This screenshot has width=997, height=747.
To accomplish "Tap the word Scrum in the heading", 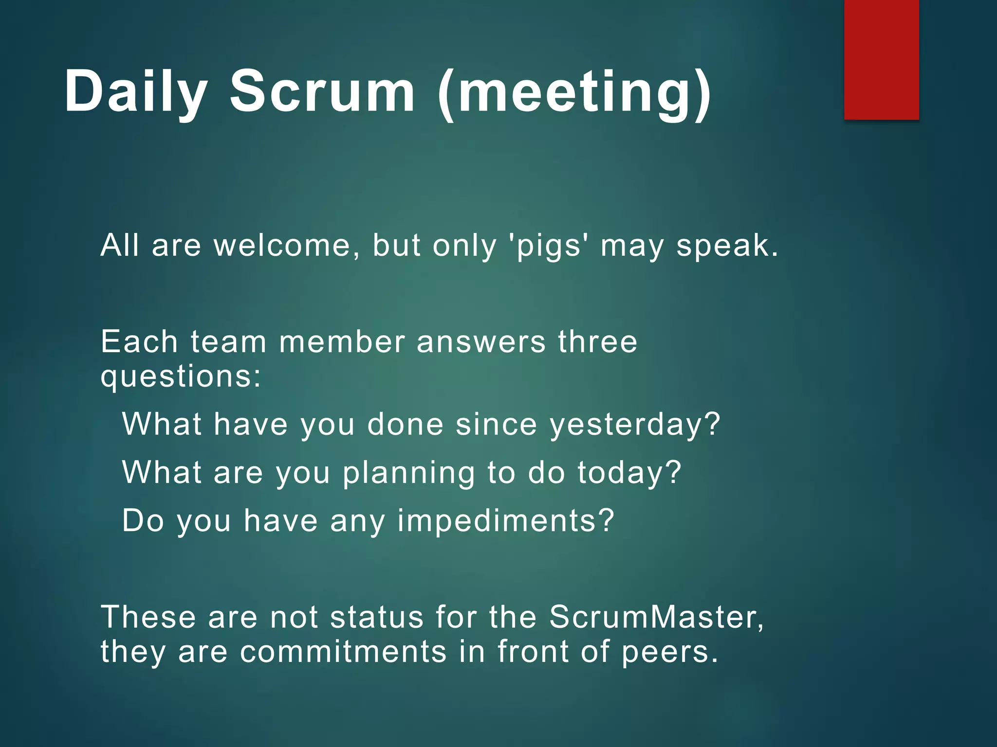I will pyautogui.click(x=322, y=91).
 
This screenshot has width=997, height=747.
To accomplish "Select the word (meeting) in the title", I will pyautogui.click(x=574, y=92).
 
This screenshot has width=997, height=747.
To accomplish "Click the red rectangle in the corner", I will pyautogui.click(x=881, y=59).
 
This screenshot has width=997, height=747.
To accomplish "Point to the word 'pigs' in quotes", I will pyautogui.click(x=548, y=246).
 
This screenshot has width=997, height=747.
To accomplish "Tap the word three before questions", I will pyautogui.click(x=597, y=341).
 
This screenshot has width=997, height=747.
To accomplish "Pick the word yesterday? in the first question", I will pyautogui.click(x=635, y=425).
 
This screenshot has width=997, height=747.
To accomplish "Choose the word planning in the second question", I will pyautogui.click(x=408, y=473).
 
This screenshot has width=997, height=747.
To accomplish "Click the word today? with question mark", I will pyautogui.click(x=629, y=473).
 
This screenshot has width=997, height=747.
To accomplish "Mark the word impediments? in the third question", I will pyautogui.click(x=506, y=521).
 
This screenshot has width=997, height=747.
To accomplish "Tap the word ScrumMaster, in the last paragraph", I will pyautogui.click(x=657, y=617).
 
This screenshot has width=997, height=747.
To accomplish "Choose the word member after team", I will pyautogui.click(x=342, y=341).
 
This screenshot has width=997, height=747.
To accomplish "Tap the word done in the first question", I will pyautogui.click(x=405, y=425).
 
